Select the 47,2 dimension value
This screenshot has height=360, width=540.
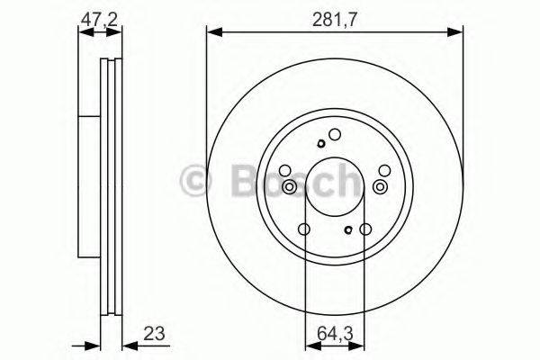pos(99,17)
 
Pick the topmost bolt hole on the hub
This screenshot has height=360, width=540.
pos(334,136)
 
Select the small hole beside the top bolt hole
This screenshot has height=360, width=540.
pos(319,143)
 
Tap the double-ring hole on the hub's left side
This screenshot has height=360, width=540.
pos(290,187)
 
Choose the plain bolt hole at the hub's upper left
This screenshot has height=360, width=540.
pos(285,171)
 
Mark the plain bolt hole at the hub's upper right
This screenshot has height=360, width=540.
pos(383,170)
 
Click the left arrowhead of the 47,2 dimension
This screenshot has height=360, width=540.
pos(84,32)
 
